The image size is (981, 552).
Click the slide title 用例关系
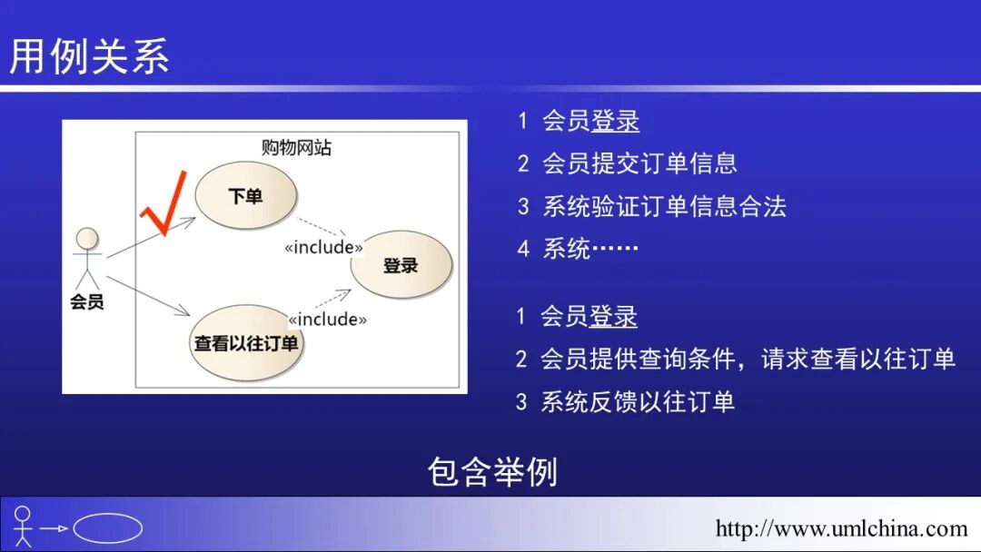(x=89, y=56)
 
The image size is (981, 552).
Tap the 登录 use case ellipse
(x=401, y=265)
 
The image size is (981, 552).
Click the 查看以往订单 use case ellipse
(x=246, y=343)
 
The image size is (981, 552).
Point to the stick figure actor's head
(x=87, y=239)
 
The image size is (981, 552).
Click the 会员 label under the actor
(x=87, y=302)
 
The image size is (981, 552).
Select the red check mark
(x=163, y=204)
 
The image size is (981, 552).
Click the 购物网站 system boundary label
(x=296, y=148)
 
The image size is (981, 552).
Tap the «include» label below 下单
(x=323, y=247)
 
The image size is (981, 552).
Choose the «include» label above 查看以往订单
(x=328, y=319)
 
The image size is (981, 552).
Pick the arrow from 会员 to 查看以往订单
(x=150, y=292)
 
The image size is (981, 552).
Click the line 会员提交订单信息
(x=639, y=163)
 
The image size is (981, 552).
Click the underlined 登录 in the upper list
(x=615, y=122)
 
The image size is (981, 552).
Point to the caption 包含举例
(x=491, y=472)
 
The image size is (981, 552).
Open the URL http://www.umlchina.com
(x=841, y=528)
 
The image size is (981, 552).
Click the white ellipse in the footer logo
(x=107, y=528)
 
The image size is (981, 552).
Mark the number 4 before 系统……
(x=523, y=249)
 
